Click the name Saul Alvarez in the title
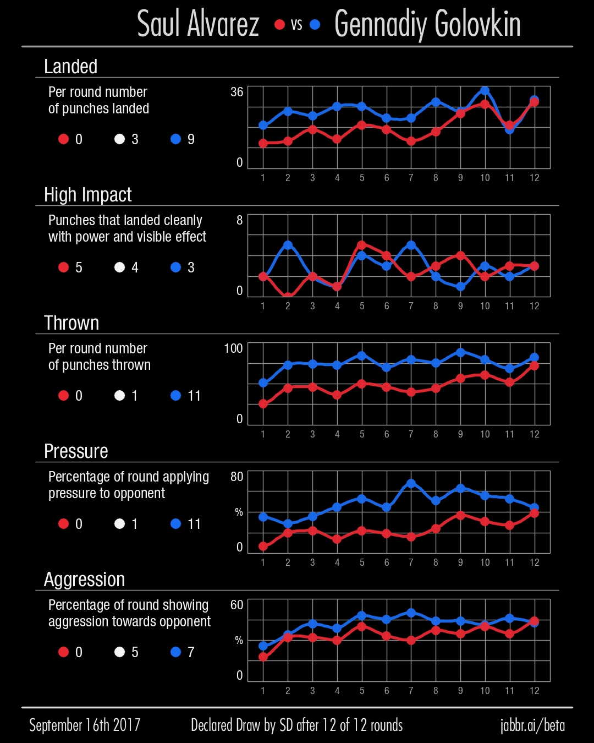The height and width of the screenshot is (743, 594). tap(198, 24)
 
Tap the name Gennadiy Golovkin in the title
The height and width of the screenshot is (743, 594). tap(427, 24)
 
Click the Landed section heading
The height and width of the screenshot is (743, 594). tap(70, 67)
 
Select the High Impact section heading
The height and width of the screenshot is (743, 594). tap(87, 195)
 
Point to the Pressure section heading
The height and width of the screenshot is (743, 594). tap(76, 451)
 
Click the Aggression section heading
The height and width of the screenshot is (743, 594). tap(84, 580)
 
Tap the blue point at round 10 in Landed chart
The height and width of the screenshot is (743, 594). tap(485, 91)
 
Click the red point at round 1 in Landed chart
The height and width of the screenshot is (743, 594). tap(263, 143)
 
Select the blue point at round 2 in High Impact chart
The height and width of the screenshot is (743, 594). tap(288, 245)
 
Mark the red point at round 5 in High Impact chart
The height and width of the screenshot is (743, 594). tap(362, 245)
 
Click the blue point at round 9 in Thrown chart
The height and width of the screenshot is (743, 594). tap(460, 352)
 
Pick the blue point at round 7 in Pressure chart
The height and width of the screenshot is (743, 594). tap(411, 484)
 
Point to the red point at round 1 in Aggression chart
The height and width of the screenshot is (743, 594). tap(263, 657)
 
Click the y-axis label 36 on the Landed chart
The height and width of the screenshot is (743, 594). tap(237, 92)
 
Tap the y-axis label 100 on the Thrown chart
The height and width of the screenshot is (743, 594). tap(233, 348)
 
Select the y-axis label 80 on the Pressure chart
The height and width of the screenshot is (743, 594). tap(237, 477)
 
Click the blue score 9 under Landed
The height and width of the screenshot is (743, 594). tap(191, 139)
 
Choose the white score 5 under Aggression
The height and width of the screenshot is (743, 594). tap(135, 652)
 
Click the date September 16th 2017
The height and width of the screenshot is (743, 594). tap(85, 725)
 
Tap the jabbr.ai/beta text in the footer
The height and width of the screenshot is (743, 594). tap(532, 725)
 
